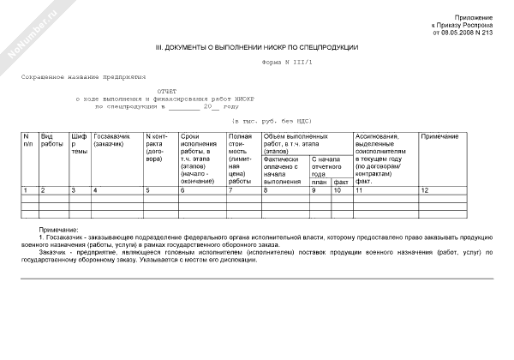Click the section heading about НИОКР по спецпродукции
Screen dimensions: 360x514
point(257,47)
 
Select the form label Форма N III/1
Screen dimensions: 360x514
point(286,63)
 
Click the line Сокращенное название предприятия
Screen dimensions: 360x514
point(85,77)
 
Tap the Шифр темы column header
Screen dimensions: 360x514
point(79,144)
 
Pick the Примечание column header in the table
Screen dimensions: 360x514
point(440,137)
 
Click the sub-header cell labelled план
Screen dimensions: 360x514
point(320,182)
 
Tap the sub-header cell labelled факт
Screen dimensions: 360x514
point(341,182)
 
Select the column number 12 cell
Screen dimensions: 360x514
point(425,189)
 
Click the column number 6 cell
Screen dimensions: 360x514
point(182,189)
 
